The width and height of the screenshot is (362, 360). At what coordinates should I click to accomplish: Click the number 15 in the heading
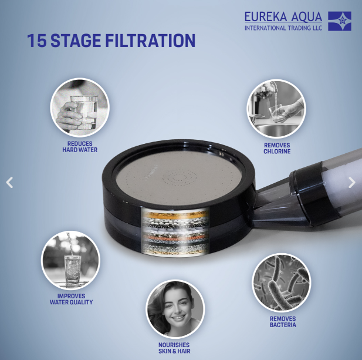37,41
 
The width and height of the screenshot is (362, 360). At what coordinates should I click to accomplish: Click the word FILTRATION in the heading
150,41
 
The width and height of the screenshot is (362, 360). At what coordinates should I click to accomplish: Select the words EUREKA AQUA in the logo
283,17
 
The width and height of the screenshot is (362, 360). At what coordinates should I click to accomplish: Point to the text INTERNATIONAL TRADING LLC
283,28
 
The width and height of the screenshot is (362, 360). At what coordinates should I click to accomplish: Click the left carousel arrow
9,183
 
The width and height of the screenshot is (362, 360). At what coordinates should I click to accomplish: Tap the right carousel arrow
352,183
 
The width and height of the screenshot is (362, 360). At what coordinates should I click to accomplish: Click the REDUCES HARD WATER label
80,147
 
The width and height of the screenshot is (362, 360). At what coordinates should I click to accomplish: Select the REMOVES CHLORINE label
277,149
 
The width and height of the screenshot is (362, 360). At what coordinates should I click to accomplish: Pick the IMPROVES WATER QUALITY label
72,299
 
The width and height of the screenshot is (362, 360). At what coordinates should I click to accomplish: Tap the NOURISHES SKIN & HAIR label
174,348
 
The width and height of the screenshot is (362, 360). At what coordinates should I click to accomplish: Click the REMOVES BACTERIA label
283,322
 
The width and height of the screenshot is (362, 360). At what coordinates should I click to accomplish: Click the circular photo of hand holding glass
80,107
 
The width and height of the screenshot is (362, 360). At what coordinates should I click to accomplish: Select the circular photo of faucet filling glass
276,109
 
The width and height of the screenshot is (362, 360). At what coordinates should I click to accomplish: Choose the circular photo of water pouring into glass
70,260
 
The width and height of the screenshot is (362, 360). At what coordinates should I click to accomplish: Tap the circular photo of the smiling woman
175,309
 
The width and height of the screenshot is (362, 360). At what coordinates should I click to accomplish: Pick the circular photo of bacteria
282,283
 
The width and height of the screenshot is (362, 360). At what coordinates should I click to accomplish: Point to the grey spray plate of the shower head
179,178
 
